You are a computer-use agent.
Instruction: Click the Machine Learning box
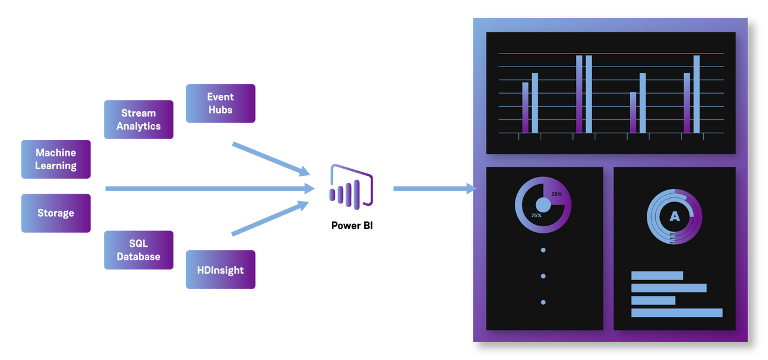pos(56,159)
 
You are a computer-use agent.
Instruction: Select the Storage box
pos(56,213)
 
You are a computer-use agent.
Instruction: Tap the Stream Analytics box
pos(139,119)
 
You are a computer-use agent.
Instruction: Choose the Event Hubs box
pos(220,103)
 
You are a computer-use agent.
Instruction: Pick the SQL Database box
pos(139,250)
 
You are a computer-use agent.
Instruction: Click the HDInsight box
pos(220,269)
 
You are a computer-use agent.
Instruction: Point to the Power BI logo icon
pos(351,186)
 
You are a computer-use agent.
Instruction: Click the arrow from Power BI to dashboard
pos(432,188)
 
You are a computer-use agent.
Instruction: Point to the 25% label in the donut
pos(557,194)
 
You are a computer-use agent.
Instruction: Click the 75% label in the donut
pos(536,215)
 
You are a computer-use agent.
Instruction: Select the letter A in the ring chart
pos(674,216)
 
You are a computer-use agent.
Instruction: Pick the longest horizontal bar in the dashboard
pos(677,313)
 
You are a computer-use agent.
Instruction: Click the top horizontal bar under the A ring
pos(657,275)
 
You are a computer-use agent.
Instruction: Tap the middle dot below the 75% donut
pos(543,276)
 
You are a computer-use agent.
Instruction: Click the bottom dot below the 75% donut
pos(543,302)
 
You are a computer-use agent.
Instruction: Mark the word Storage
pos(56,213)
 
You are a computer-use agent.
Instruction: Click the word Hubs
pos(220,110)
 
